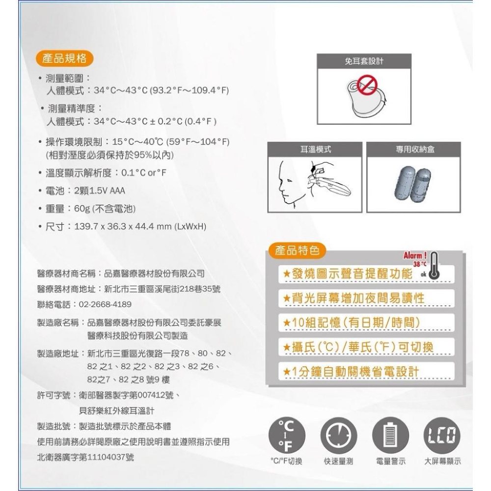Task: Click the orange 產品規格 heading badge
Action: click(65, 58)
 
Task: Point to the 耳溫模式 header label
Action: click(315, 149)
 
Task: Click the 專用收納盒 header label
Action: click(415, 149)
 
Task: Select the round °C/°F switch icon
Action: click(287, 434)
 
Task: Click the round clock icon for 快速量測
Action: click(338, 434)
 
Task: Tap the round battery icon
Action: click(390, 434)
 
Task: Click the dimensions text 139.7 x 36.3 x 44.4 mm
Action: click(121, 227)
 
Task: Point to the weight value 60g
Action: click(81, 209)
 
